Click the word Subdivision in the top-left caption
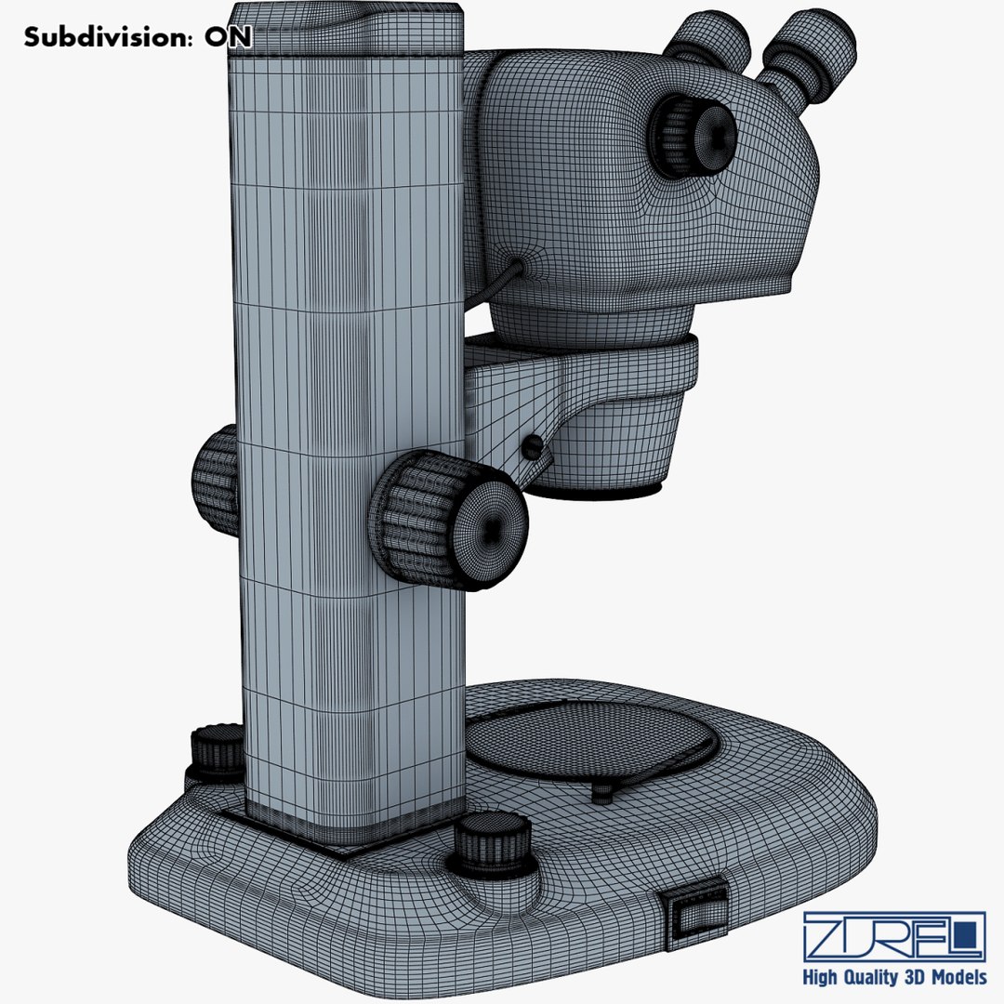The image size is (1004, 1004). (106, 37)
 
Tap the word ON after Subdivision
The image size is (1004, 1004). (227, 37)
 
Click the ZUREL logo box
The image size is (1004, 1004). (893, 935)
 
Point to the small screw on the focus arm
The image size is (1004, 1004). (532, 447)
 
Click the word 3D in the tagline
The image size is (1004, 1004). (914, 977)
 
